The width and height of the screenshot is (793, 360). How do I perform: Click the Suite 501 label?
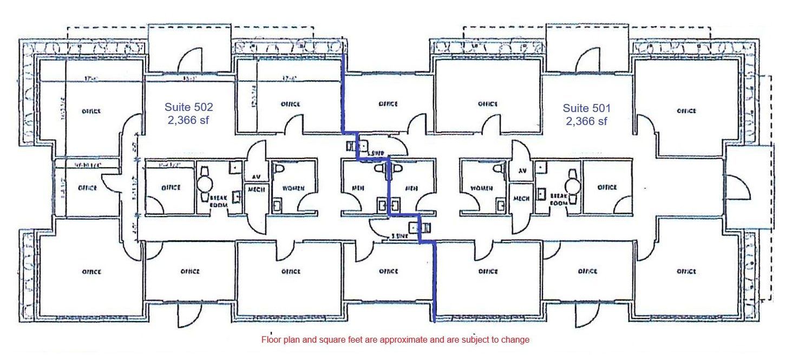(586, 108)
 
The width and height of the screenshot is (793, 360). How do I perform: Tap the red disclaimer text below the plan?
(395, 340)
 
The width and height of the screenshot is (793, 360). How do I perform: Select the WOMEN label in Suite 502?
(292, 188)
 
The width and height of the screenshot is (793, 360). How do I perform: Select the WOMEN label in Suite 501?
(481, 188)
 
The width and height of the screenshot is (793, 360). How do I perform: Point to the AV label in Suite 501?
(522, 170)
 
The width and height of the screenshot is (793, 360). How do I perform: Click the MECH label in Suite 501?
(521, 198)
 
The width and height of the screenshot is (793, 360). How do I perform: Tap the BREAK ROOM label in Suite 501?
(559, 199)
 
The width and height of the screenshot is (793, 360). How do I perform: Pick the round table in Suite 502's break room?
(206, 182)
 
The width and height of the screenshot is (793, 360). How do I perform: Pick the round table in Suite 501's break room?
(572, 182)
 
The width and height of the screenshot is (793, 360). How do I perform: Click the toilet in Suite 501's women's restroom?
(500, 169)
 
